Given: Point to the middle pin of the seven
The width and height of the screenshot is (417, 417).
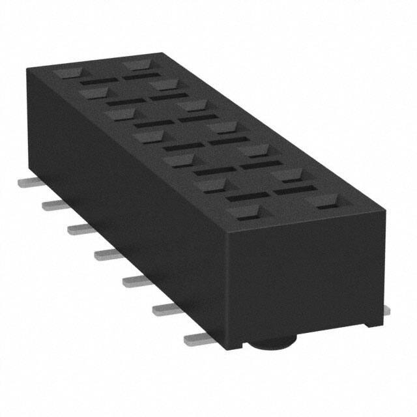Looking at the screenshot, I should click(109, 253).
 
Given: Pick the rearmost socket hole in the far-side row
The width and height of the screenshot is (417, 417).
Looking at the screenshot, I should click(137, 65).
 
